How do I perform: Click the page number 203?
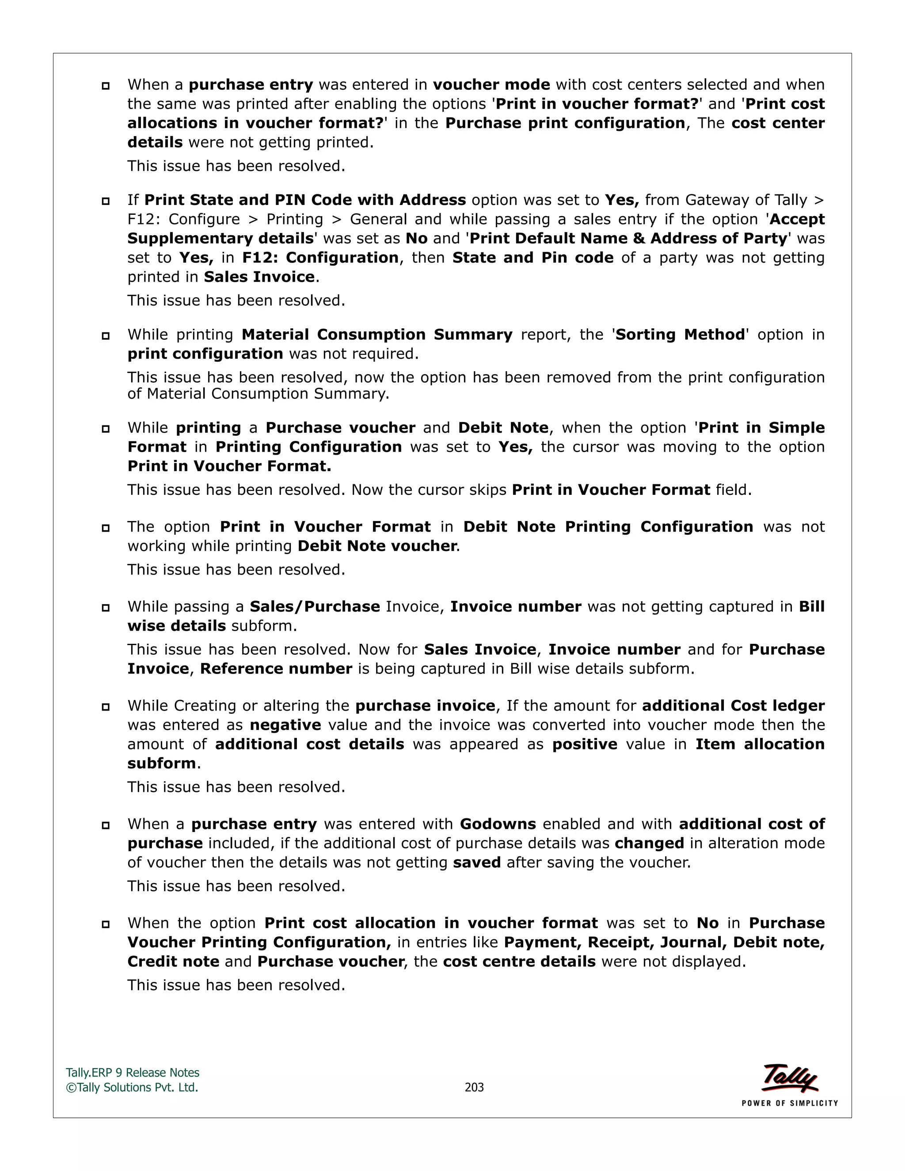tap(474, 1087)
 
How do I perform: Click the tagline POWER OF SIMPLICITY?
tap(789, 1103)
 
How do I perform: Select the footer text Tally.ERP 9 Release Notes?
tap(133, 1073)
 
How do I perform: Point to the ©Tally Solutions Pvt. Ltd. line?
tap(132, 1087)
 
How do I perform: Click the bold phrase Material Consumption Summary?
tap(377, 335)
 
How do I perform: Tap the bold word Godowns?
tap(498, 824)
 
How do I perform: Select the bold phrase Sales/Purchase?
tap(315, 606)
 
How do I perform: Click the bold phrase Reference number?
tap(276, 669)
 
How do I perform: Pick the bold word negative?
tap(285, 725)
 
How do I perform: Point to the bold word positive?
tap(584, 744)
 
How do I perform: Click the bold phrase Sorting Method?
tap(680, 335)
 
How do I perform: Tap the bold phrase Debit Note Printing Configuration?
tap(608, 527)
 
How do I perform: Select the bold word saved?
tap(477, 863)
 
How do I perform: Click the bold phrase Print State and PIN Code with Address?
tap(305, 200)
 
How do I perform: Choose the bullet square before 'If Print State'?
tap(106, 202)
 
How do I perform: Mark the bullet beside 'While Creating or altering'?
tap(106, 707)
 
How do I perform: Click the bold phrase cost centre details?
tap(519, 962)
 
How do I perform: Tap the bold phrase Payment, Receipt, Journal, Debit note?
tap(664, 942)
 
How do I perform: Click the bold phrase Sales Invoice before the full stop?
tap(259, 277)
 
